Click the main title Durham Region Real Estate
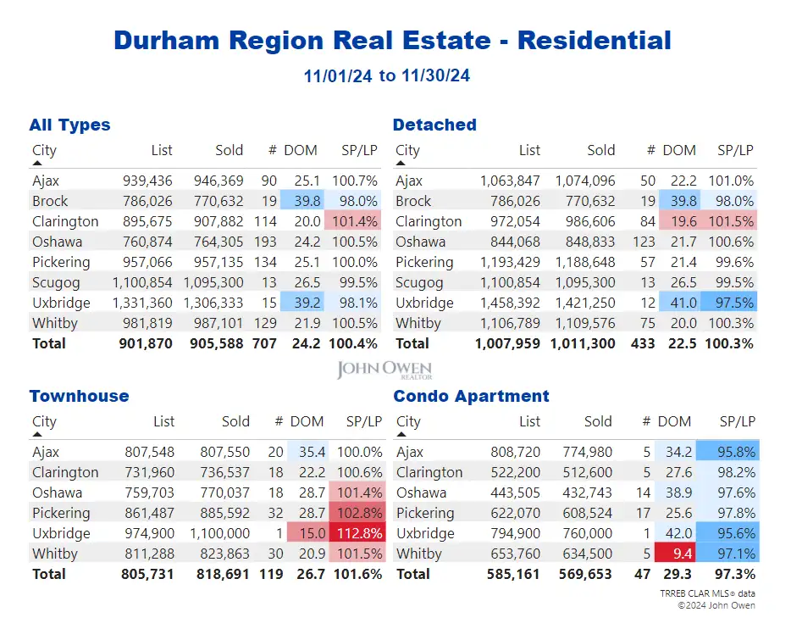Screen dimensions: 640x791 392,40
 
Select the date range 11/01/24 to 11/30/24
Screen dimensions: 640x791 387,75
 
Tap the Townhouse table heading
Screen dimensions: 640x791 79,396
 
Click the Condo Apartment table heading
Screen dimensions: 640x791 471,396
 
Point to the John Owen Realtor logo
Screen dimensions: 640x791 384,370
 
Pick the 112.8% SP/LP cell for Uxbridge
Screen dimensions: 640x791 359,533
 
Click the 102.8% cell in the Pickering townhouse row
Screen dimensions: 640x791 359,513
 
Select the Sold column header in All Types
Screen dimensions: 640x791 229,150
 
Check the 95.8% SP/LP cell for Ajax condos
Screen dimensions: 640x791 733,452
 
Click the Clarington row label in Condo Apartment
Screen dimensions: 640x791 429,472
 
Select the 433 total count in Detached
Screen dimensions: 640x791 641,343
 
